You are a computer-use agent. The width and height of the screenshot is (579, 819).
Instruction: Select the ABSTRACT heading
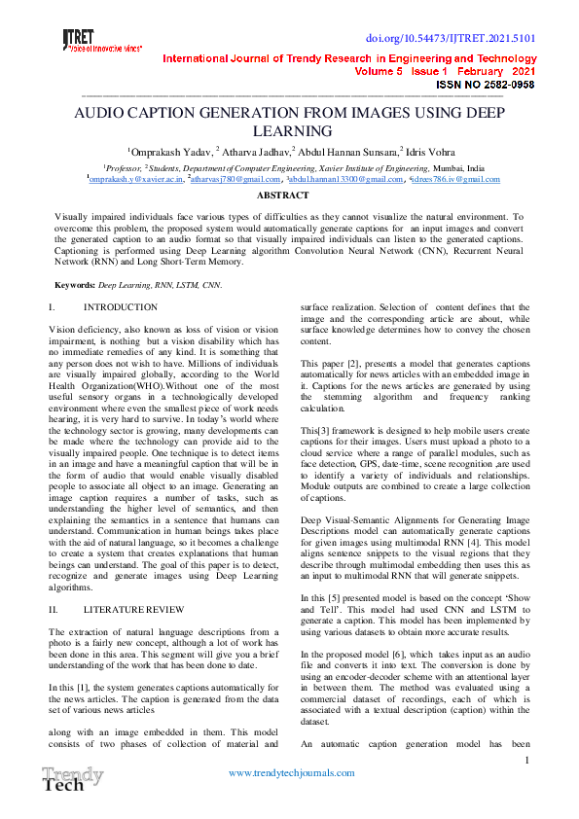point(282,196)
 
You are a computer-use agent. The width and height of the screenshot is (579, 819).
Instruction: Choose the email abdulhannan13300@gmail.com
point(345,180)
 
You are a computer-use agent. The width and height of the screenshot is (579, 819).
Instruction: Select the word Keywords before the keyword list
point(75,285)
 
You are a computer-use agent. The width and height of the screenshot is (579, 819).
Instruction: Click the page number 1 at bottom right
point(526,760)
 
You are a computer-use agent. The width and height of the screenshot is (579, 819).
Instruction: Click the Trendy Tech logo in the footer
point(71,780)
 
